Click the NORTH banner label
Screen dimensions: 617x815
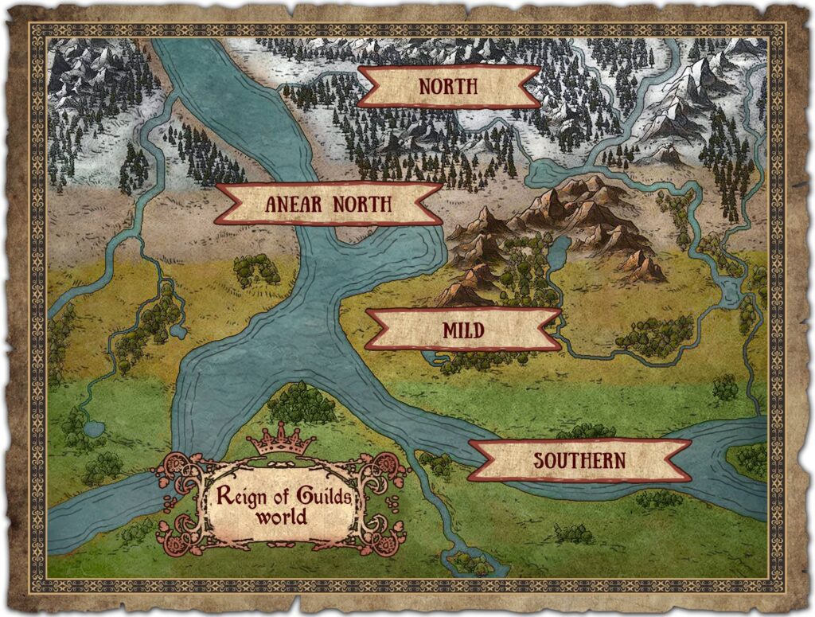(x=448, y=86)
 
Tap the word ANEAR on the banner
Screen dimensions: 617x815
(x=293, y=205)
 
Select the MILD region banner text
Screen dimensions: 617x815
(x=462, y=330)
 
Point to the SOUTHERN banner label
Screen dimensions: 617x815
(x=579, y=460)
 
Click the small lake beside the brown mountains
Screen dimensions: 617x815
(x=560, y=253)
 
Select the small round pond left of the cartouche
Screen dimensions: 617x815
(x=95, y=431)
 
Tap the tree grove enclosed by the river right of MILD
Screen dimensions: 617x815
(x=654, y=336)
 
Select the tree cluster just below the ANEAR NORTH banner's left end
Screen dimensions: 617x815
(x=256, y=270)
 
